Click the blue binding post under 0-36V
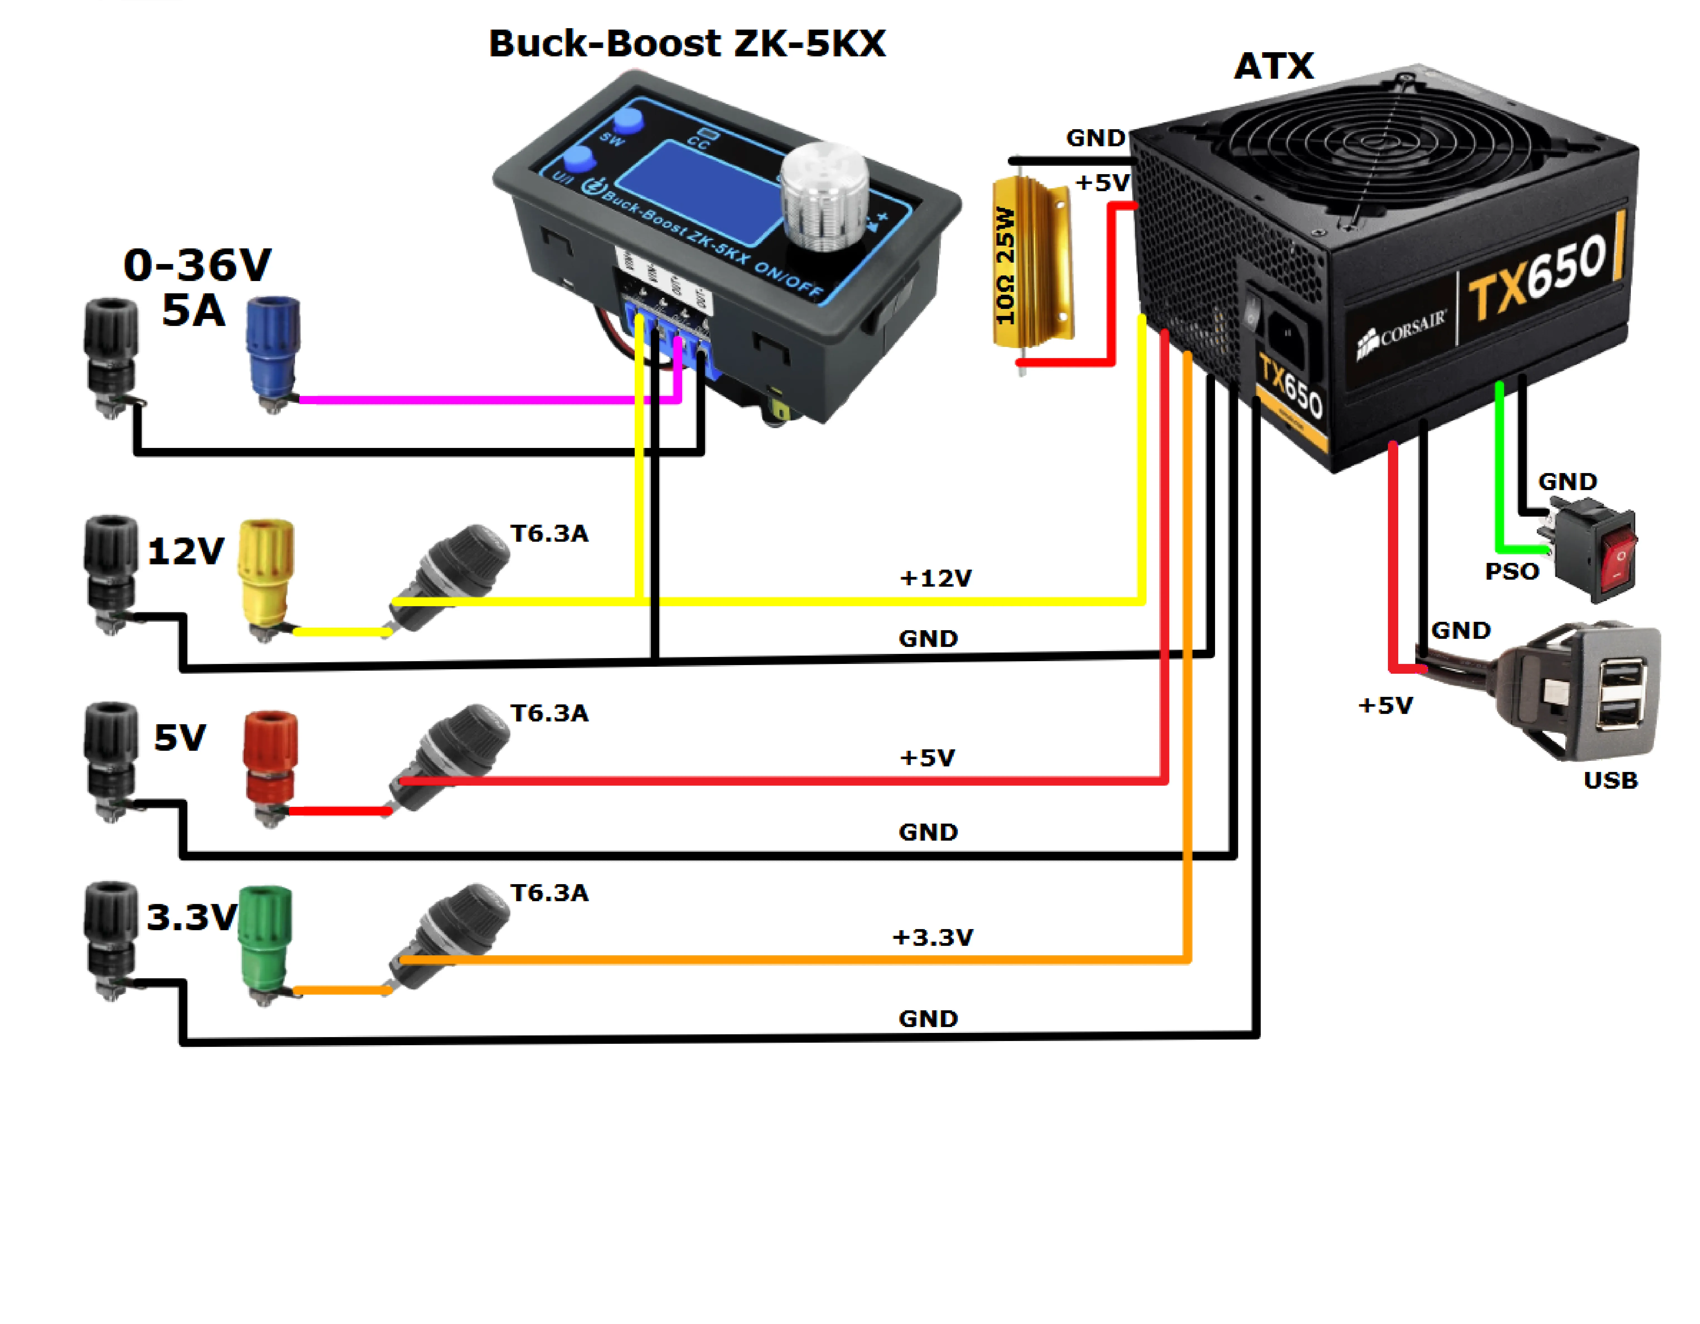click(x=272, y=351)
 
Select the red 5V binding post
click(x=270, y=763)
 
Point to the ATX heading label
click(x=1273, y=66)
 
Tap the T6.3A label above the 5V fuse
click(x=550, y=713)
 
